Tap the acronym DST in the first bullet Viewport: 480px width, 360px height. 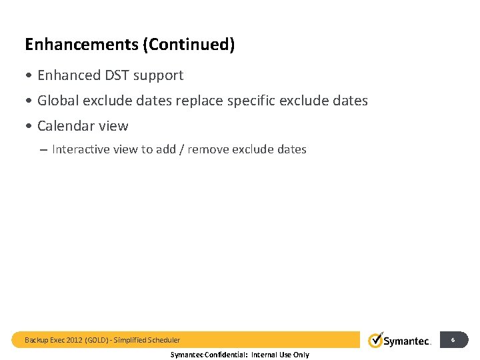tap(115, 75)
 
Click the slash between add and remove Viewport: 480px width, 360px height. tap(181, 149)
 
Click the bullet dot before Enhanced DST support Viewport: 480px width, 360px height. tap(29, 76)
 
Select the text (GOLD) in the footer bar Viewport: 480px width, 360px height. tap(97, 340)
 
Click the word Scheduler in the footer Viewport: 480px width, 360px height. tap(164, 340)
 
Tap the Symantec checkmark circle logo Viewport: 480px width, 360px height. tap(376, 340)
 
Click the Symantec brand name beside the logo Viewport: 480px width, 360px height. tap(408, 341)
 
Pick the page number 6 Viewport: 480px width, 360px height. tap(453, 340)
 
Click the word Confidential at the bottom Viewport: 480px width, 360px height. tap(227, 355)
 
